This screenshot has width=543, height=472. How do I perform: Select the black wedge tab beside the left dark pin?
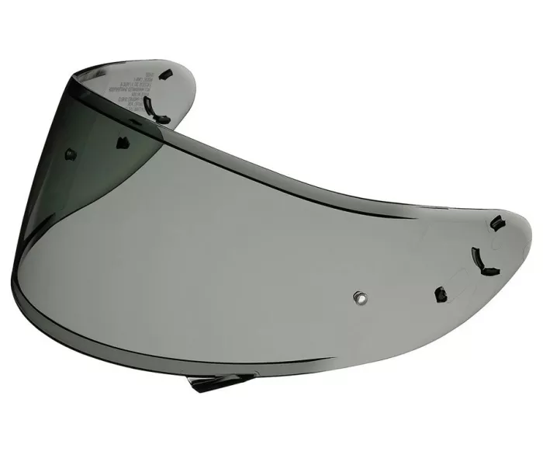[x=123, y=141]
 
